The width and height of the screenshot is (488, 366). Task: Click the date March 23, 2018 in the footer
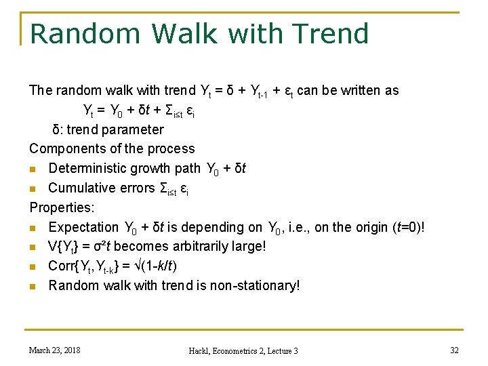tap(54, 350)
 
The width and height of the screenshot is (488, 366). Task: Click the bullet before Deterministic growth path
tap(33, 168)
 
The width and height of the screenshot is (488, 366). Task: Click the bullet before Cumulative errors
tap(33, 188)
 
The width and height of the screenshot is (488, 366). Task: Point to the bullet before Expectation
tap(33, 227)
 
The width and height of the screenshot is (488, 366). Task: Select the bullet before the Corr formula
tap(33, 266)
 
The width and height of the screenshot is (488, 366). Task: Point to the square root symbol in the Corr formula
tap(136, 266)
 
